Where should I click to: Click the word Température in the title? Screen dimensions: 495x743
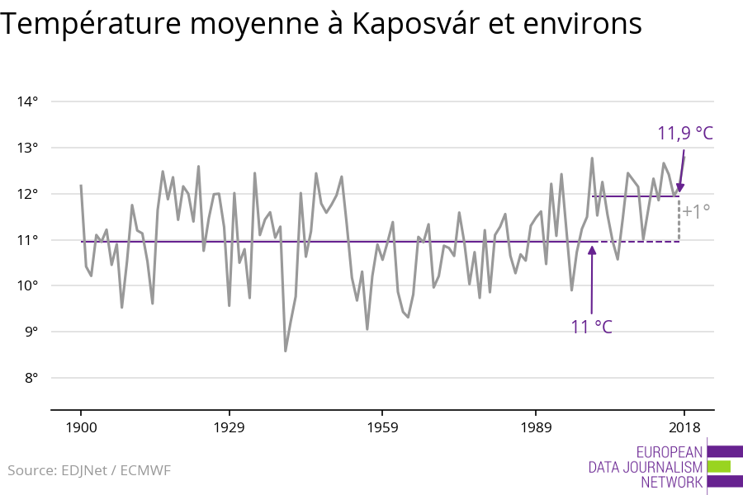pyautogui.click(x=90, y=25)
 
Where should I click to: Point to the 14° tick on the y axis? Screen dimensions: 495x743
pyautogui.click(x=27, y=101)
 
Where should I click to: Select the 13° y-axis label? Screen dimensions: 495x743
pyautogui.click(x=27, y=148)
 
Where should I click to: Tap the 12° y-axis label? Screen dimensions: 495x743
pyautogui.click(x=27, y=194)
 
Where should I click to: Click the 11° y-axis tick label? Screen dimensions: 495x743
pyautogui.click(x=27, y=240)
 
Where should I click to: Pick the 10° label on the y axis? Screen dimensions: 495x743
pyautogui.click(x=27, y=286)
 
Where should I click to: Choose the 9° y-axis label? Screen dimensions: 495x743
pyautogui.click(x=31, y=332)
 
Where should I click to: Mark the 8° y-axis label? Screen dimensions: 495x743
pyautogui.click(x=31, y=379)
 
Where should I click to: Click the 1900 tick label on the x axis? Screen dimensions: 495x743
pyautogui.click(x=81, y=427)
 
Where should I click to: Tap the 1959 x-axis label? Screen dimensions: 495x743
pyautogui.click(x=382, y=427)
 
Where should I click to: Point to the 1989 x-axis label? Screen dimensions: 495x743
pyautogui.click(x=536, y=427)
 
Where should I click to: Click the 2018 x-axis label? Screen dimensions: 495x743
pyautogui.click(x=684, y=427)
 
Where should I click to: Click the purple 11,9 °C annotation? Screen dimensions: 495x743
pyautogui.click(x=684, y=134)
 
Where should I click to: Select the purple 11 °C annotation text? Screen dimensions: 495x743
pyautogui.click(x=591, y=327)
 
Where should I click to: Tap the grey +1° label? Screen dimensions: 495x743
pyautogui.click(x=696, y=212)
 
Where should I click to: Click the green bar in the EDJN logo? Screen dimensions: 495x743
pyautogui.click(x=719, y=466)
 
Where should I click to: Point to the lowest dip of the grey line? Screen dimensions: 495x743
pyautogui.click(x=286, y=351)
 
